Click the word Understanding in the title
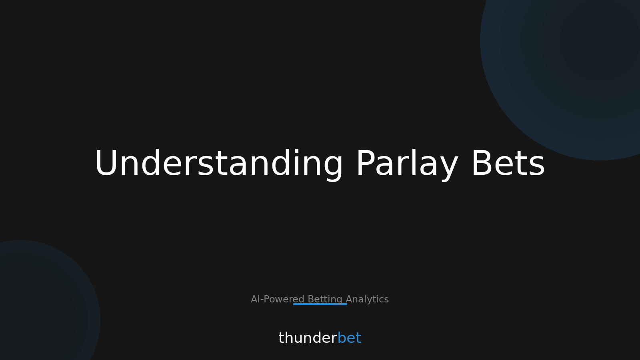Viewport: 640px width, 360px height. pos(219,164)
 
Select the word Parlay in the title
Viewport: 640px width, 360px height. pos(407,164)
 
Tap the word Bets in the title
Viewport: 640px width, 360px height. pos(508,164)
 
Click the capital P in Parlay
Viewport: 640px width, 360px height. pos(365,164)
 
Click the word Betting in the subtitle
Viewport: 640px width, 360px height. pos(325,299)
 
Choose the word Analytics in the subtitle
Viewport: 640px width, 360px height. pos(367,299)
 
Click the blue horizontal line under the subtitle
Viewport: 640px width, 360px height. pos(320,304)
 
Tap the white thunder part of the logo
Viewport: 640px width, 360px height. pos(308,338)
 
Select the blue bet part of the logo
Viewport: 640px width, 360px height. pos(349,338)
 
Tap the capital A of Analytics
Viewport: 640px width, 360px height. pos(349,299)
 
